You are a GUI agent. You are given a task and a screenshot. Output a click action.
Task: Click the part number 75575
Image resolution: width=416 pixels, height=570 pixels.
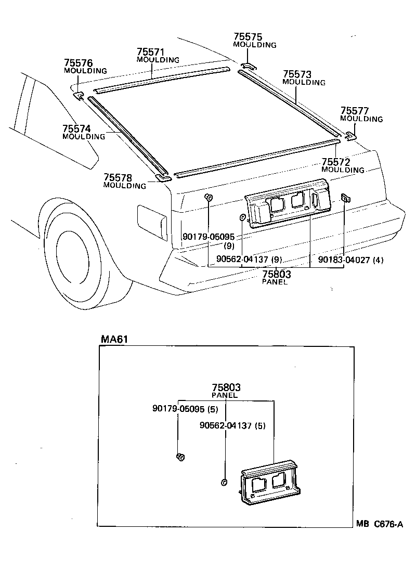tap(248, 37)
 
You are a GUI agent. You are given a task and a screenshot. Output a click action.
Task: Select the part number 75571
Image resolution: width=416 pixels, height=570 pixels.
tap(151, 53)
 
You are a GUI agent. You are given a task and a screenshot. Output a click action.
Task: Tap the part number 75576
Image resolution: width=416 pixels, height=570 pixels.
tap(79, 63)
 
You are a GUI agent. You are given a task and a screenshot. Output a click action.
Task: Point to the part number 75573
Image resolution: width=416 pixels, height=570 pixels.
tap(297, 74)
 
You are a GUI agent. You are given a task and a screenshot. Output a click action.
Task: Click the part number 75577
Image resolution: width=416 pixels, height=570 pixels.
tap(355, 111)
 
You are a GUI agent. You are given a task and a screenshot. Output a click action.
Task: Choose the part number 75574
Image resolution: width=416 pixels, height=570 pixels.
tap(76, 129)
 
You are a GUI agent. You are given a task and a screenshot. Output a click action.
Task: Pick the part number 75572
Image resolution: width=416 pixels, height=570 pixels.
tap(336, 162)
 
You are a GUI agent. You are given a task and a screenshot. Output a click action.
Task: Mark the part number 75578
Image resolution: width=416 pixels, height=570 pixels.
tap(118, 178)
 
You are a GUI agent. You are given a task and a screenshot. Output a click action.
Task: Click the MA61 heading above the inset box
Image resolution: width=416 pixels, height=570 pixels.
tap(114, 339)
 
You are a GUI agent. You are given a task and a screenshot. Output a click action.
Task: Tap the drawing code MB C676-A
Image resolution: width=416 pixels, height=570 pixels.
tap(380, 524)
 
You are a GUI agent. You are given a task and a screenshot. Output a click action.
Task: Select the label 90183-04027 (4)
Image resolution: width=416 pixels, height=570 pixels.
tap(351, 260)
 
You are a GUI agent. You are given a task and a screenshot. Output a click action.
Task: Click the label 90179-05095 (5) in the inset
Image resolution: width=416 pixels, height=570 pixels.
tap(185, 409)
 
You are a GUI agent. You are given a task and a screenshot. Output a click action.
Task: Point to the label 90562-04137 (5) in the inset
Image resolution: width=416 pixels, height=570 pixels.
tap(232, 425)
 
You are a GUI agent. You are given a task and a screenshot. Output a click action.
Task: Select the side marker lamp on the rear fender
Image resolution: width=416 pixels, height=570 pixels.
tap(150, 221)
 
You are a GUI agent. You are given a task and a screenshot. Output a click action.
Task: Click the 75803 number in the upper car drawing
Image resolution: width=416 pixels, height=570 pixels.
tap(276, 275)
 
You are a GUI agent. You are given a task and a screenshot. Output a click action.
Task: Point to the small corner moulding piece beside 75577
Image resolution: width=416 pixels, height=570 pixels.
tap(350, 136)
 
